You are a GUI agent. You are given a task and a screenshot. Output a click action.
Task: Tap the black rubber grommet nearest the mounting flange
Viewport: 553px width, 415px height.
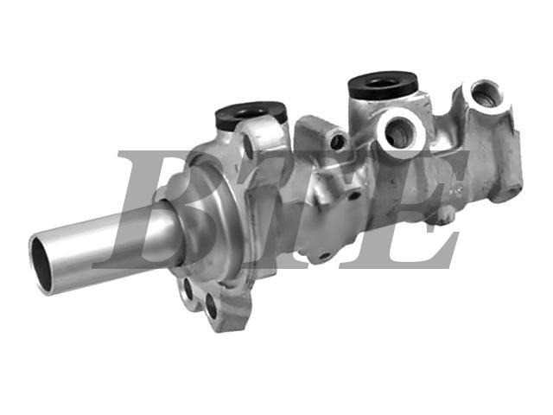[251, 116]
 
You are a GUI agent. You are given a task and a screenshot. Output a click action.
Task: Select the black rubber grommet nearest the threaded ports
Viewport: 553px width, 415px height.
[384, 86]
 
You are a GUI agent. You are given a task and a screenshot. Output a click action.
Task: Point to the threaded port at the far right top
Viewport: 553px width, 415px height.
[486, 93]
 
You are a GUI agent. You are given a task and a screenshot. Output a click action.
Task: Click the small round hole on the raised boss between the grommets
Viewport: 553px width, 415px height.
[338, 141]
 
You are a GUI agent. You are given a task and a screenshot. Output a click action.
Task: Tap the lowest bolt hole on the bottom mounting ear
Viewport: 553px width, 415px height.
[211, 305]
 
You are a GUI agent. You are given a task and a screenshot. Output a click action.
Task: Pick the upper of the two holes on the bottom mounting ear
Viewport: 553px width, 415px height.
[188, 288]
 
